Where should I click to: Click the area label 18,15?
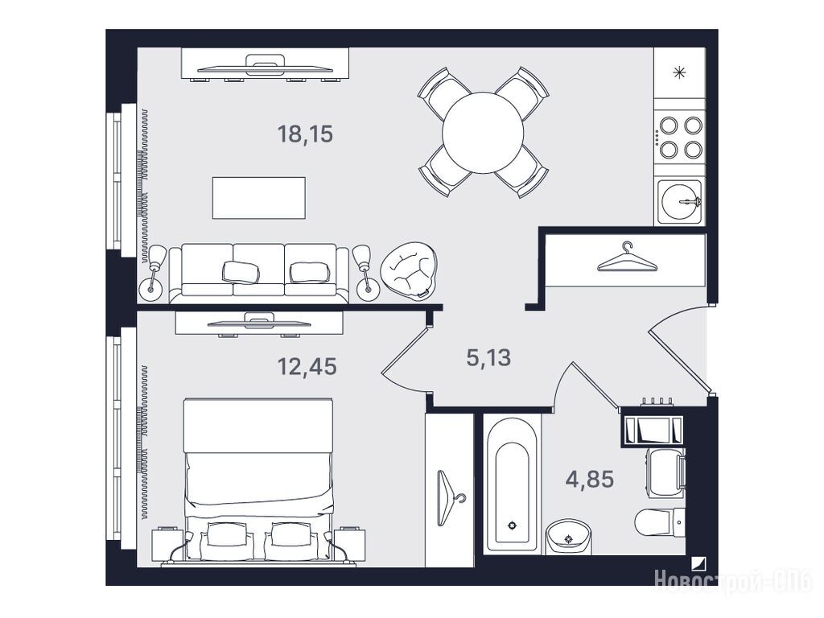tap(305, 134)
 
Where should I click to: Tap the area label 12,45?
tap(307, 366)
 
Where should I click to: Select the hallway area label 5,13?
tap(488, 358)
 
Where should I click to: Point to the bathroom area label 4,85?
tap(590, 480)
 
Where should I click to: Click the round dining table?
tap(483, 133)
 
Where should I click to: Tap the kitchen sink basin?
tap(681, 201)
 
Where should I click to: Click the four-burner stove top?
tap(681, 137)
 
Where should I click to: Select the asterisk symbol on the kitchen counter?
tap(680, 72)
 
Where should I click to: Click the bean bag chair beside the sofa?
tap(409, 270)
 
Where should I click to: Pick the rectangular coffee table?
tap(258, 198)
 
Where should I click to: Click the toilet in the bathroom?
tap(660, 523)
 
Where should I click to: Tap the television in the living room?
tap(265, 65)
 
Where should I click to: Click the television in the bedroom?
tap(259, 321)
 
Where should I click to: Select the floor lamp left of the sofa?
tap(153, 273)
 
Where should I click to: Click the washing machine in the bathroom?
tap(665, 472)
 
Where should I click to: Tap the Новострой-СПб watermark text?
tap(733, 582)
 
